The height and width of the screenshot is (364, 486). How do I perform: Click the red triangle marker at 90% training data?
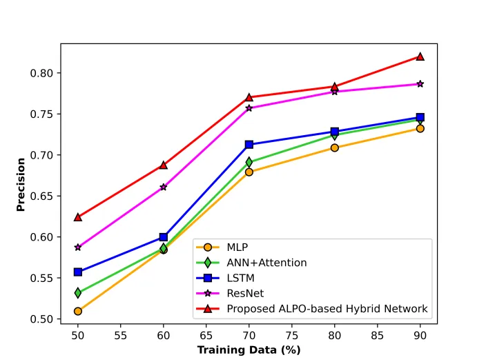tap(420, 57)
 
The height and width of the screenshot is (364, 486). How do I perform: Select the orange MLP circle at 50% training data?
tap(78, 311)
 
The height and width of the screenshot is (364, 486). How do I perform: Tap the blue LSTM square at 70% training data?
tap(249, 144)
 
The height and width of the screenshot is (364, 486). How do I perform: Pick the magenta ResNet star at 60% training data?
tap(164, 187)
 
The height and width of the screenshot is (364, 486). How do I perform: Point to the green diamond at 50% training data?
tap(78, 292)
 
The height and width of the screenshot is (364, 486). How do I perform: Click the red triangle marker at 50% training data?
tap(78, 217)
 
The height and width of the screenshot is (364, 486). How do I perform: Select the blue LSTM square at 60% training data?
tap(164, 237)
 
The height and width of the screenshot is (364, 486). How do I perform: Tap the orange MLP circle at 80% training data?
tap(334, 148)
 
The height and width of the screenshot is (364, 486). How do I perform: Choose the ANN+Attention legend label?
tap(266, 263)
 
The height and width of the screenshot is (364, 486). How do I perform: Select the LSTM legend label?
tap(240, 278)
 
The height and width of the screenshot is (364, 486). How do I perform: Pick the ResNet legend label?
tap(245, 293)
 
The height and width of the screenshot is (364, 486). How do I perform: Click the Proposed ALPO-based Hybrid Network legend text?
tap(327, 309)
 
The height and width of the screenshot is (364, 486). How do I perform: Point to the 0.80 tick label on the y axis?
tap(41, 73)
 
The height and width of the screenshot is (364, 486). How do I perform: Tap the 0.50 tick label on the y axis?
tap(41, 319)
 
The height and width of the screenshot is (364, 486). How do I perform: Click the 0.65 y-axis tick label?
tap(41, 196)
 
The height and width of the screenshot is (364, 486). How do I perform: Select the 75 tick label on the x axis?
tap(291, 336)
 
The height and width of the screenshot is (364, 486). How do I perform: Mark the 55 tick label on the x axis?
tap(120, 336)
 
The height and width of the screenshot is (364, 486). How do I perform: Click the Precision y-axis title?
tap(21, 185)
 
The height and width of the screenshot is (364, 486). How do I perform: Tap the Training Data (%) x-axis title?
tap(249, 350)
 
